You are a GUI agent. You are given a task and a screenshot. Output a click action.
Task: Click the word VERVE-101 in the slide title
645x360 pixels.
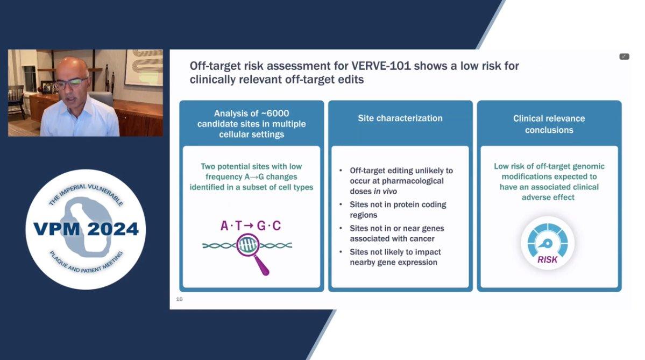[380, 66]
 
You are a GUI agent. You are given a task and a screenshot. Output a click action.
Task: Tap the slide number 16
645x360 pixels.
[179, 299]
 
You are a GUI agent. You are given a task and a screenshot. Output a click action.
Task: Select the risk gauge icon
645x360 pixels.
[548, 243]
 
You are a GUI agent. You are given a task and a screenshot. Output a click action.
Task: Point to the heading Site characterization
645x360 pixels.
[400, 118]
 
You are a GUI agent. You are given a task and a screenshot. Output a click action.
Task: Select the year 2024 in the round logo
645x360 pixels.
[113, 229]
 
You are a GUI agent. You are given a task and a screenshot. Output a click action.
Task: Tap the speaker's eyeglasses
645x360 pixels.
[71, 83]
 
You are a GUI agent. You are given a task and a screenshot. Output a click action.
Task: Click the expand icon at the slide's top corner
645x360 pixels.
[624, 57]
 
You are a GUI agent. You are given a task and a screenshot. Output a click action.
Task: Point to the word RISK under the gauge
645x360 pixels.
[547, 259]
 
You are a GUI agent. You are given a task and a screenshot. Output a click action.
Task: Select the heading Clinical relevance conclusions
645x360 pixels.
[549, 124]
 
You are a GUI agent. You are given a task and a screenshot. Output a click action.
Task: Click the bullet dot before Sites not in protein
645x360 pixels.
[341, 204]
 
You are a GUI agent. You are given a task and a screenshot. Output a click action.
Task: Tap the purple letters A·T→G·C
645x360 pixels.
[251, 225]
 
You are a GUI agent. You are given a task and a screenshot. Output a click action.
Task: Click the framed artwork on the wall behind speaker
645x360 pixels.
[144, 67]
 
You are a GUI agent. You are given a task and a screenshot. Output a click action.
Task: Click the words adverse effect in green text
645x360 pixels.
[548, 197]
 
